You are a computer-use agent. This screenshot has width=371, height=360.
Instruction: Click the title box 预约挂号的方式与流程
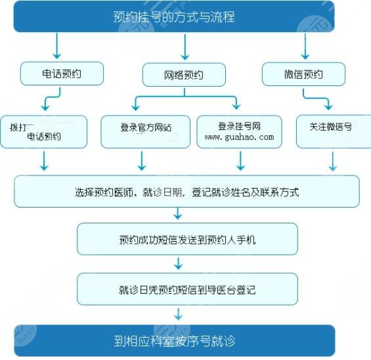tap(174, 16)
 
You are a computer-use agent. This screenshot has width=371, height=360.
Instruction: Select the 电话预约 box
tap(62, 74)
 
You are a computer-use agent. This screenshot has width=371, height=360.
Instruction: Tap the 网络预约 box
tap(184, 74)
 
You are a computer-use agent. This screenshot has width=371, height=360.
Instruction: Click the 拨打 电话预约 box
tap(44, 131)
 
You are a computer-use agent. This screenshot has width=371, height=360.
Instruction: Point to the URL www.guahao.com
tap(239, 137)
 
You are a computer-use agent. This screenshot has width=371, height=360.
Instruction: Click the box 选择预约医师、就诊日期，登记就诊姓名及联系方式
tap(187, 192)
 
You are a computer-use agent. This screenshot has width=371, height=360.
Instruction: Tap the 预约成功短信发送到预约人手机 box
tap(187, 239)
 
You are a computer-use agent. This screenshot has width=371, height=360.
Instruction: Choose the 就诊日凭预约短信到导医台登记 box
tap(187, 289)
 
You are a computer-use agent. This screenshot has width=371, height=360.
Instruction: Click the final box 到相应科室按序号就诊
tap(175, 341)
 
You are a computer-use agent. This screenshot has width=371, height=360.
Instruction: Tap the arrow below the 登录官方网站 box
tap(141, 160)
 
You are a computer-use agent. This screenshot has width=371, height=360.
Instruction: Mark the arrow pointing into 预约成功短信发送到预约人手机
tap(177, 214)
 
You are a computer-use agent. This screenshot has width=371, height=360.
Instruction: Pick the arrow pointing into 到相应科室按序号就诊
tap(177, 314)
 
